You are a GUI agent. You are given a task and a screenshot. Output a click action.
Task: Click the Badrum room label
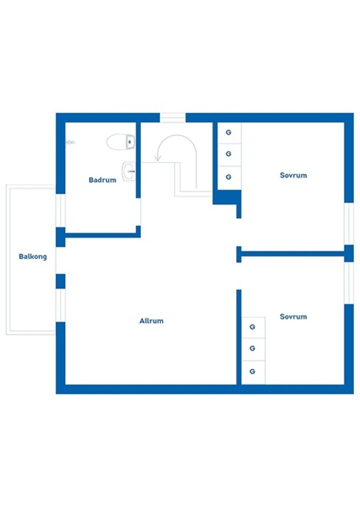pyautogui.click(x=102, y=180)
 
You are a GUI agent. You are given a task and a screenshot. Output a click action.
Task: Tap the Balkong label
pyautogui.click(x=33, y=257)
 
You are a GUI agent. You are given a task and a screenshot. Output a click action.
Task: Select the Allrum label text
pyautogui.click(x=151, y=321)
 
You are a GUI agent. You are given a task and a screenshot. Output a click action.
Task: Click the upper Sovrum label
pyautogui.click(x=293, y=175)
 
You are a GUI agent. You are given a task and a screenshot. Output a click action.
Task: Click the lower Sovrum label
pyautogui.click(x=293, y=317)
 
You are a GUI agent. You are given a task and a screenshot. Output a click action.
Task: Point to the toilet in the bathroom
pyautogui.click(x=120, y=142)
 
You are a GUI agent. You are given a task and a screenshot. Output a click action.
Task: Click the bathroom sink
pyautogui.click(x=129, y=172)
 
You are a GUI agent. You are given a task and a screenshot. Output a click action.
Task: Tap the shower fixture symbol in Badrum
pyautogui.click(x=70, y=142)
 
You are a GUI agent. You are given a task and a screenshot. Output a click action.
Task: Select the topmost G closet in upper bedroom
pyautogui.click(x=228, y=133)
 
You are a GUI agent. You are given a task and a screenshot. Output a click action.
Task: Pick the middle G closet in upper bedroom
pyautogui.click(x=228, y=154)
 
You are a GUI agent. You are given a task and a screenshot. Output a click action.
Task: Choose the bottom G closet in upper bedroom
pyautogui.click(x=228, y=177)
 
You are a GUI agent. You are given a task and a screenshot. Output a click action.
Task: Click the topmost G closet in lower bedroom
pyautogui.click(x=252, y=327)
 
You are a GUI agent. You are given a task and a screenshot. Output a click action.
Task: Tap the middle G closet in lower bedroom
pyautogui.click(x=252, y=348)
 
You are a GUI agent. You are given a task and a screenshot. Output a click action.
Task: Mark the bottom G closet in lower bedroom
pyautogui.click(x=252, y=372)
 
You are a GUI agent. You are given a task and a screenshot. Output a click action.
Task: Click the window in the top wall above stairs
pyautogui.click(x=173, y=118)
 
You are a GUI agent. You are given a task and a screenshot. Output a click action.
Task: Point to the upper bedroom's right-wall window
pyautogui.click(x=349, y=224)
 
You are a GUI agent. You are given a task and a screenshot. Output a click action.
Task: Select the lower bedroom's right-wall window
pyautogui.click(x=349, y=283)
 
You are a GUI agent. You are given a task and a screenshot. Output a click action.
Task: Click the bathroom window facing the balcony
pyautogui.click(x=60, y=210)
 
